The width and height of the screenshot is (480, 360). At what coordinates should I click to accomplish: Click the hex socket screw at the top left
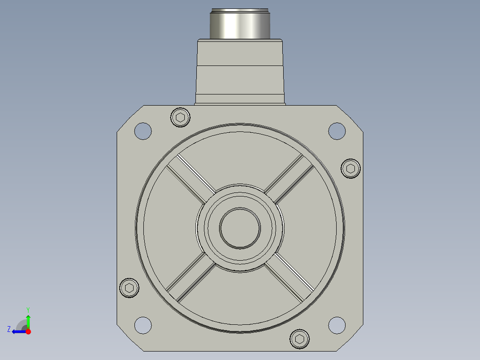(180, 117)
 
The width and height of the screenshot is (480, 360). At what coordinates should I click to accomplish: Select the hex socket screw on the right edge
(350, 168)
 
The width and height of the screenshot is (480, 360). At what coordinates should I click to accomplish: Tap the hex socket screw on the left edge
(129, 288)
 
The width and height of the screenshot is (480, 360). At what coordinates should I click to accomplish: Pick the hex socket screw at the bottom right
(299, 339)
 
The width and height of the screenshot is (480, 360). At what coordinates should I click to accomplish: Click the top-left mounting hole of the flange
(143, 131)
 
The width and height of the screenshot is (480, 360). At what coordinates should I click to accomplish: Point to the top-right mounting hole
(337, 131)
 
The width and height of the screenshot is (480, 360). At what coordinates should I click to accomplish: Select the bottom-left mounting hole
(143, 325)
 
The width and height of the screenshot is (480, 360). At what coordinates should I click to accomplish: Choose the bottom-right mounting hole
(337, 325)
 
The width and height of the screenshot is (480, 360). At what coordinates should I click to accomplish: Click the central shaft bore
(240, 228)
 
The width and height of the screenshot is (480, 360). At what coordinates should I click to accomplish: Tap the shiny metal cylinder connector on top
(240, 24)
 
